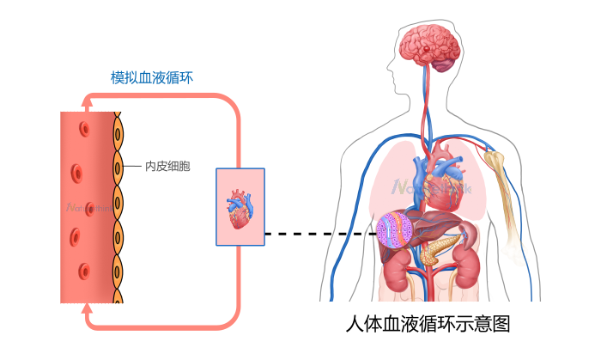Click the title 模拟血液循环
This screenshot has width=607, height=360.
(x=152, y=77)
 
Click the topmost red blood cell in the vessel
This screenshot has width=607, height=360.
(x=84, y=130)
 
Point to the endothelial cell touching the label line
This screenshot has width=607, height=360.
(x=118, y=166)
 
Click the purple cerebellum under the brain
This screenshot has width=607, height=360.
(x=444, y=63)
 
